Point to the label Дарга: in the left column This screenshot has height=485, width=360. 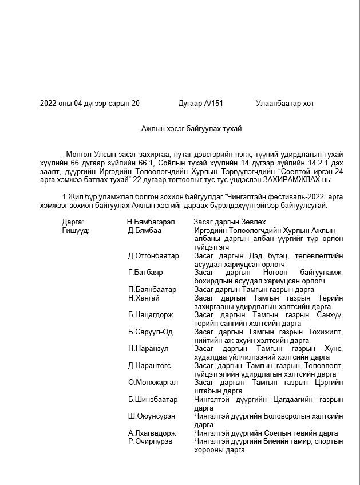(x=73, y=222)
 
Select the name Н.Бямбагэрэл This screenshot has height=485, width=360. (x=151, y=222)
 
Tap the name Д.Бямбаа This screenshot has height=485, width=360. (x=145, y=230)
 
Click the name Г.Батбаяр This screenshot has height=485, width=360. (x=145, y=272)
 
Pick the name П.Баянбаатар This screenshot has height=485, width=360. (x=152, y=289)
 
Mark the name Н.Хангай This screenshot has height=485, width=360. (x=144, y=298)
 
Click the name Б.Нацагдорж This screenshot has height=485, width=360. (x=150, y=314)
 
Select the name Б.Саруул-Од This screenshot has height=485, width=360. (x=150, y=332)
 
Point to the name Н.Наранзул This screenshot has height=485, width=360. (x=148, y=348)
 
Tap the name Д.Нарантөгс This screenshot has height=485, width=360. (x=149, y=365)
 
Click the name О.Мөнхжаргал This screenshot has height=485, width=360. (x=153, y=382)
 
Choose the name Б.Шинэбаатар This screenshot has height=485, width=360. (x=153, y=399)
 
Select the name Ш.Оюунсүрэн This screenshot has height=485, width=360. (x=152, y=416)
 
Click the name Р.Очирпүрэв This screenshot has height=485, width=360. (x=150, y=441)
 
